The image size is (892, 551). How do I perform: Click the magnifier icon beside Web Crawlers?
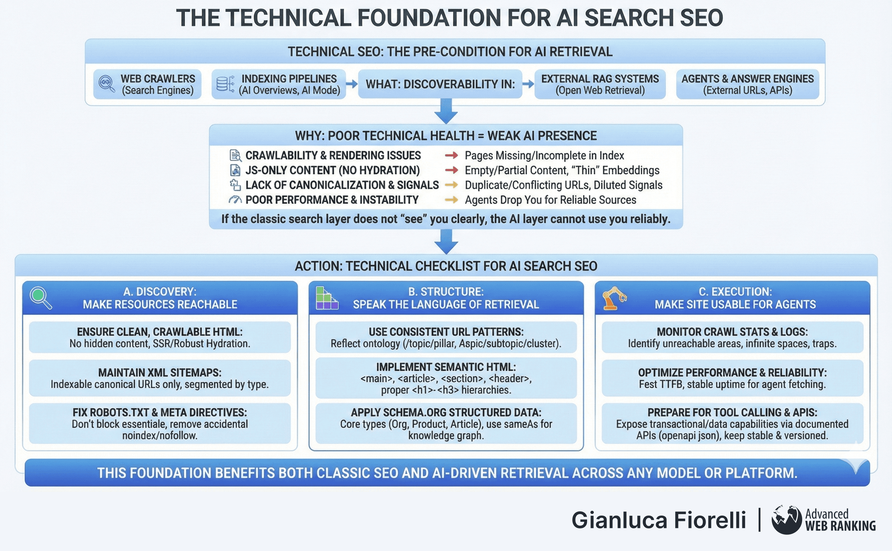[x=106, y=84]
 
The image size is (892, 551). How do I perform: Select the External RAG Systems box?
[x=600, y=84]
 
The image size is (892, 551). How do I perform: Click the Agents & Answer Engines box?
[x=747, y=84]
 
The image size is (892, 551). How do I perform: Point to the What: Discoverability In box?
[x=440, y=84]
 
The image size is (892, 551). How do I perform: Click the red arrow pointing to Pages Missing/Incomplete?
[x=451, y=155]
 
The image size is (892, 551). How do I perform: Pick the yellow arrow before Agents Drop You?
[x=451, y=200]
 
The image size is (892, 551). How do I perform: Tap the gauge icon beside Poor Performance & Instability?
[x=235, y=200]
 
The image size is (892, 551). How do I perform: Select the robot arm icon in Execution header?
[x=614, y=298]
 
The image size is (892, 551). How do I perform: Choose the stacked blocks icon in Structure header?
[x=327, y=298]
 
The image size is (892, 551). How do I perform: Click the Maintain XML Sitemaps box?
[x=160, y=378]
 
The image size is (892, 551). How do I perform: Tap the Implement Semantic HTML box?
[x=446, y=378]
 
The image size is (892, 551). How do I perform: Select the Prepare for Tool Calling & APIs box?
[x=732, y=423]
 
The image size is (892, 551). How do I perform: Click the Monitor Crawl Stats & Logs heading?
[x=732, y=332]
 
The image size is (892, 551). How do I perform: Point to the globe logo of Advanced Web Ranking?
[x=786, y=520]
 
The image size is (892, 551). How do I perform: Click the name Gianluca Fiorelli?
[x=658, y=520]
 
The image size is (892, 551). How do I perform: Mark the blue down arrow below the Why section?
[x=446, y=242]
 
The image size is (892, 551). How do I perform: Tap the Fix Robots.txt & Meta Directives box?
[x=160, y=423]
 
